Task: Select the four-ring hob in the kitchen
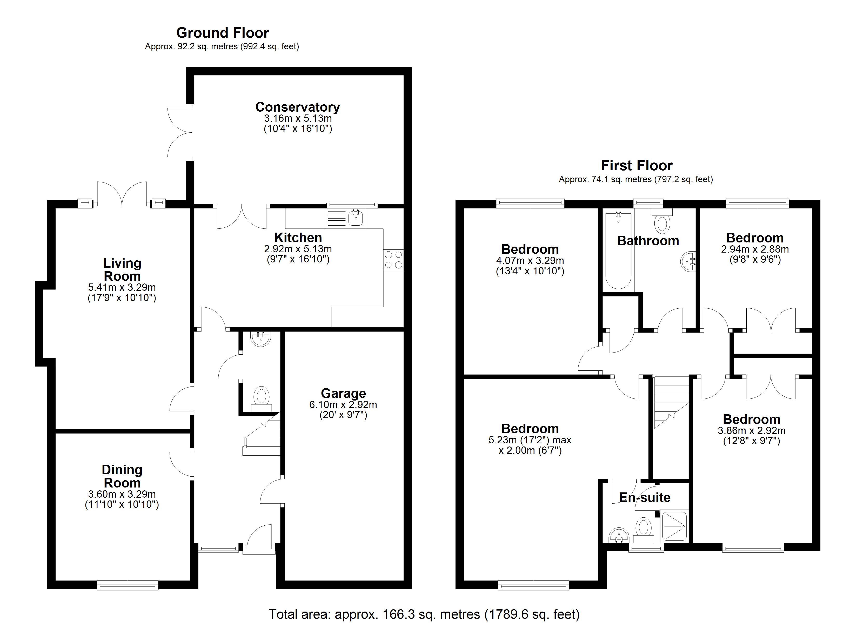393,260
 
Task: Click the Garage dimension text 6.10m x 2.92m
343,405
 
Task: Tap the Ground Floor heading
223,33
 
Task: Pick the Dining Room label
122,476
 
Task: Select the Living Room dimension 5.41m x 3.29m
122,287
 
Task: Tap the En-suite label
645,498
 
